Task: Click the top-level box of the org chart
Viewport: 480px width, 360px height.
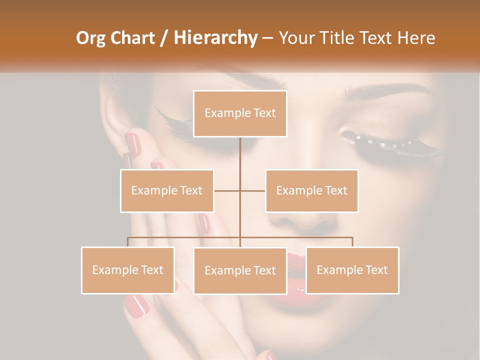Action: (240, 113)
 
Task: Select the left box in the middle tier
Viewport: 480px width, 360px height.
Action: (167, 190)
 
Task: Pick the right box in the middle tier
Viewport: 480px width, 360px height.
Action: (311, 190)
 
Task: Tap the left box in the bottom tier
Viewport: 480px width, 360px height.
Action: (128, 270)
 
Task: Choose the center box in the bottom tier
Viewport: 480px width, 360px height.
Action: (240, 270)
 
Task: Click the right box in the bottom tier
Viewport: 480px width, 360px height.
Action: (352, 270)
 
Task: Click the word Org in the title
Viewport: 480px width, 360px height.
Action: (90, 38)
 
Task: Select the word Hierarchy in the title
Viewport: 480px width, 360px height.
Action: (215, 38)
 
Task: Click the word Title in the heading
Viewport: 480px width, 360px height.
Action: (340, 38)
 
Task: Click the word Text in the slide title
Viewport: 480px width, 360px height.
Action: (377, 38)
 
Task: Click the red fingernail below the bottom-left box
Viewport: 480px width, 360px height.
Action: (136, 305)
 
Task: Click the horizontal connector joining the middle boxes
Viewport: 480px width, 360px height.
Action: (240, 190)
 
